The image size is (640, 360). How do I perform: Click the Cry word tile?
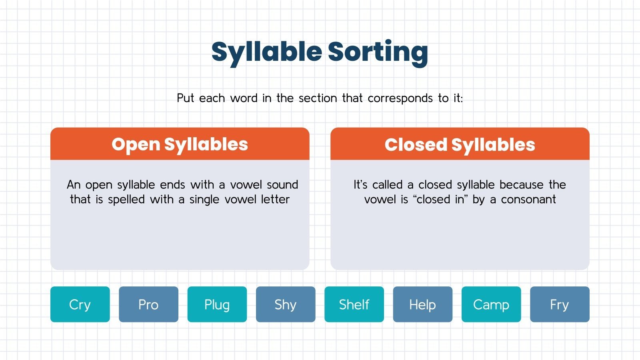coord(80,304)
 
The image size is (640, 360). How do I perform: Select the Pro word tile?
coord(148,304)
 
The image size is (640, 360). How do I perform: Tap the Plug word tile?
coord(217,304)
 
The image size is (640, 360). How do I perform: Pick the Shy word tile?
coord(286,304)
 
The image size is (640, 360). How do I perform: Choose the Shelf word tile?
coord(354,304)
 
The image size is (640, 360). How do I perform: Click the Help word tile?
coord(422,304)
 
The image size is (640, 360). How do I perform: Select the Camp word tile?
coord(491,304)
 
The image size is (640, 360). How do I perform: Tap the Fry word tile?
coord(560,304)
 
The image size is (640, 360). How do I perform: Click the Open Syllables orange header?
coord(180,144)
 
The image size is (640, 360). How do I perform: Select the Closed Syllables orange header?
coord(460,144)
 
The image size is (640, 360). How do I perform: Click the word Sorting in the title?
coord(378,52)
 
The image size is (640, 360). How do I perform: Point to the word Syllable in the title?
coord(266,52)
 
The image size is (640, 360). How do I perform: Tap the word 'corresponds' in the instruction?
coord(400,98)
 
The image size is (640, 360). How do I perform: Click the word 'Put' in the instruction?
coord(186,98)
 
